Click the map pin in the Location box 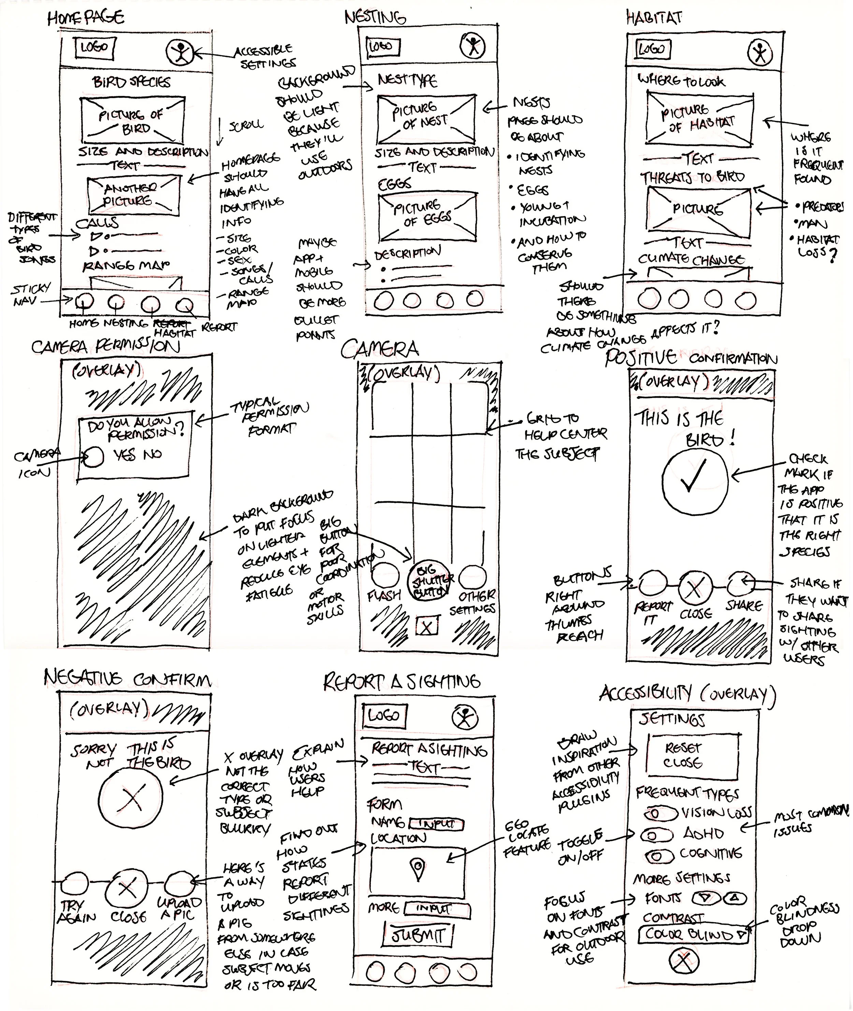[x=418, y=868]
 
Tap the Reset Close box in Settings [x=692, y=756]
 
